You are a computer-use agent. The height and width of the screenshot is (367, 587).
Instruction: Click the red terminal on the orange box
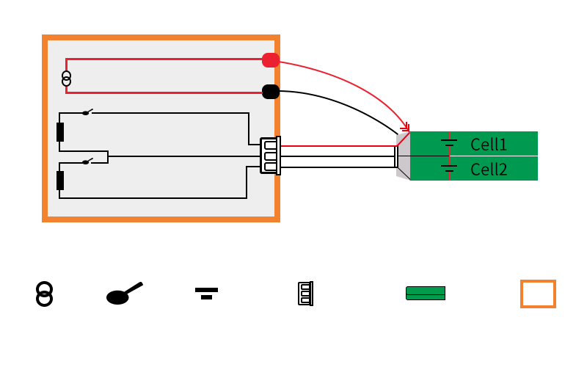[x=271, y=60]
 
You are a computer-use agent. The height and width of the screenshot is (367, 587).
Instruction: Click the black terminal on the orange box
[x=271, y=92]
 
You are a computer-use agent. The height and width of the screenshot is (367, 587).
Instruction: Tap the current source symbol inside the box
[x=67, y=79]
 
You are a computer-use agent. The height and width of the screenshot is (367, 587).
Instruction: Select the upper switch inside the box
[x=87, y=112]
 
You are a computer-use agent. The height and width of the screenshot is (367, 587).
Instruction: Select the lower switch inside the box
[x=87, y=161]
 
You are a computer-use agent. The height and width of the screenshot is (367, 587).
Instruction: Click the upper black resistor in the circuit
[x=60, y=132]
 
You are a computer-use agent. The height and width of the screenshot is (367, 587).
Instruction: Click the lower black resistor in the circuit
[x=60, y=180]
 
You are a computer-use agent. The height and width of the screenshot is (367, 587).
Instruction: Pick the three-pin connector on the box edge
[x=270, y=156]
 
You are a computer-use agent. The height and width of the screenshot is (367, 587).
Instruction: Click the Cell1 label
[x=489, y=145]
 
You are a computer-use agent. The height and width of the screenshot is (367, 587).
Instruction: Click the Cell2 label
[x=489, y=170]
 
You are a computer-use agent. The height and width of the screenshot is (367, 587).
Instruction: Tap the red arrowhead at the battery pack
[x=405, y=128]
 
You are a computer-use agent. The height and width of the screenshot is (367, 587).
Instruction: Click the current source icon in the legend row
[x=45, y=294]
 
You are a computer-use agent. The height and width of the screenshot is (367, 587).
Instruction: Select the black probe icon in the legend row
[x=123, y=294]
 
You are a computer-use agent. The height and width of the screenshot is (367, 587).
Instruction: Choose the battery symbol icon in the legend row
[x=206, y=293]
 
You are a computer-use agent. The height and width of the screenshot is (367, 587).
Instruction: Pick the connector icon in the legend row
[x=305, y=294]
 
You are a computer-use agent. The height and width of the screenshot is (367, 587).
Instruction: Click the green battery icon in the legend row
[x=426, y=294]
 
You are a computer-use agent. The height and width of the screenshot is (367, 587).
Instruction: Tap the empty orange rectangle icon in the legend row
[x=538, y=294]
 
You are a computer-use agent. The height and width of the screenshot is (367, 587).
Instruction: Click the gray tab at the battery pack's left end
[x=403, y=156]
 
